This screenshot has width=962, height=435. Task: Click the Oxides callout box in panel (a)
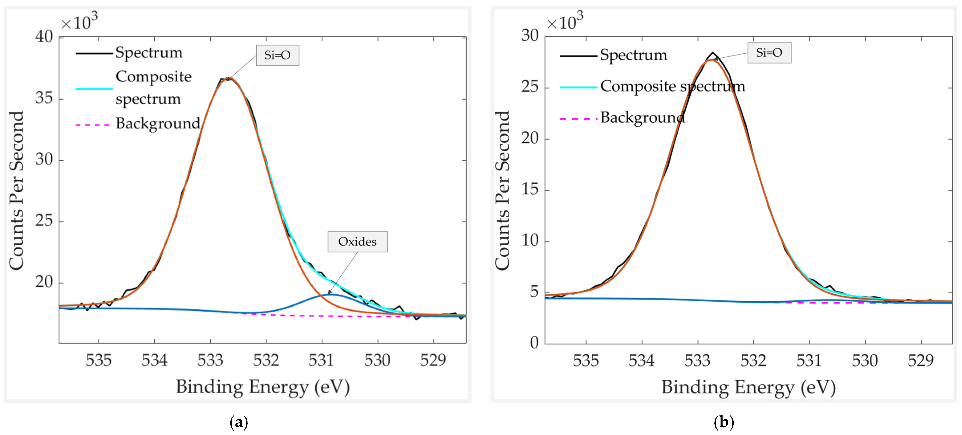pyautogui.click(x=357, y=242)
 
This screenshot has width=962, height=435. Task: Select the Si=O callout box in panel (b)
pyautogui.click(x=769, y=53)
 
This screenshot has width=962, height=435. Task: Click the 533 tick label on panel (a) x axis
pyautogui.click(x=210, y=360)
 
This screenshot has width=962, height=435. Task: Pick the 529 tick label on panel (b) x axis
pyautogui.click(x=921, y=360)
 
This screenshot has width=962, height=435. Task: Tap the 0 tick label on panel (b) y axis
pyautogui.click(x=534, y=342)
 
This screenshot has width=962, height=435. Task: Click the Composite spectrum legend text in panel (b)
pyautogui.click(x=672, y=87)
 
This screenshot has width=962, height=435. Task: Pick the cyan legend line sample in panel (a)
pyautogui.click(x=94, y=89)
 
